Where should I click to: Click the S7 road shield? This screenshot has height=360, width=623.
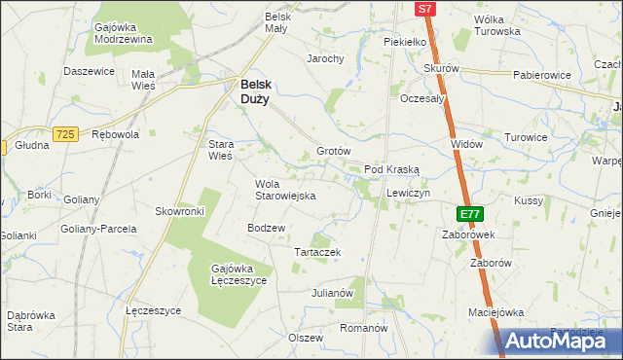pos(424,9)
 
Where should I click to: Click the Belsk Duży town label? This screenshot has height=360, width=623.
pos(256,90)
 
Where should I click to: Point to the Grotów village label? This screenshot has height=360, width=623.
pos(333,152)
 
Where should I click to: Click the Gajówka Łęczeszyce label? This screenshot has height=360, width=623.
pos(238,274)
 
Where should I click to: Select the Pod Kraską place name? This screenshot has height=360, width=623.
pos(391,169)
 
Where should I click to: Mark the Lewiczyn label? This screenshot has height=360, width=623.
pos(408,194)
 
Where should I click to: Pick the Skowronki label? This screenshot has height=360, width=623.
pos(179,211)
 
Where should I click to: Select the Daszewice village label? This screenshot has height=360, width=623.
pos(90,71)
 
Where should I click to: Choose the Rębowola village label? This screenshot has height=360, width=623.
pos(115,135)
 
